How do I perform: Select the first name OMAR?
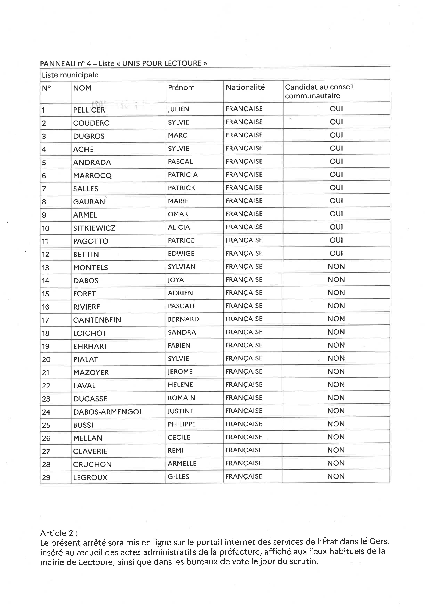178,214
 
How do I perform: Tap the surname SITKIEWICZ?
94,228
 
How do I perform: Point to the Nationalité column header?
245,87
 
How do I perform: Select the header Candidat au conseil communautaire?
319,91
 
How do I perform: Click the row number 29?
46,478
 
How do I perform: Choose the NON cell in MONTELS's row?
336,266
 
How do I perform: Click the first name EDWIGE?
181,254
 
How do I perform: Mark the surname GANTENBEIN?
97,320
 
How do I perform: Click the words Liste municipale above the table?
70,75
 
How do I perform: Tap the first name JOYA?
176,280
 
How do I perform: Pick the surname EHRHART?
90,346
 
